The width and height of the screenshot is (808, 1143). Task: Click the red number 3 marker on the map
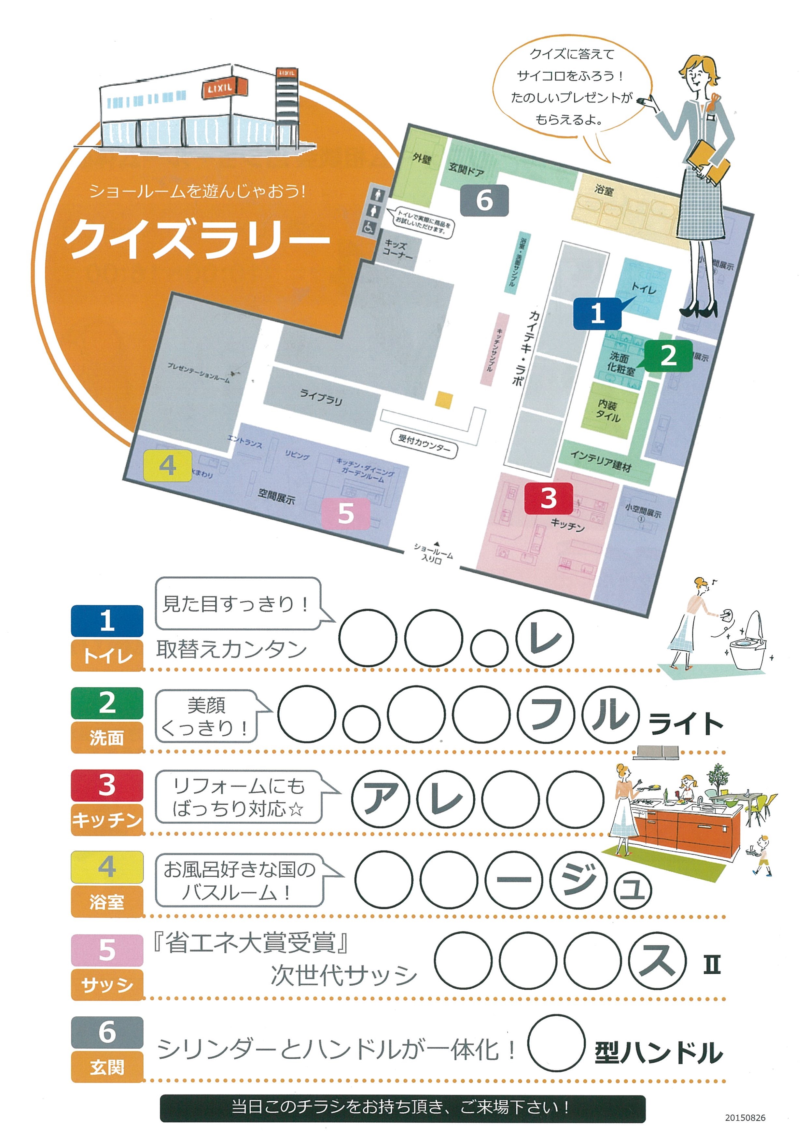click(x=548, y=498)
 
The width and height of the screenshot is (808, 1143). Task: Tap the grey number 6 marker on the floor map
click(x=484, y=200)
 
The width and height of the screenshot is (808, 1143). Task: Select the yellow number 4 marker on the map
click(x=168, y=465)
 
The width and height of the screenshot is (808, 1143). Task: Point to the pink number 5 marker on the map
click(x=346, y=513)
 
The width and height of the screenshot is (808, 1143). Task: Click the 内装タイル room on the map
click(x=609, y=411)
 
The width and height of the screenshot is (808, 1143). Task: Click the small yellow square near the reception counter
click(x=444, y=400)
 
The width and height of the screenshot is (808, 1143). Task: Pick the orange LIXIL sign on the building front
click(x=224, y=88)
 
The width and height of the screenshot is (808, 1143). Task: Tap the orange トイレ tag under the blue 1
click(x=107, y=656)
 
